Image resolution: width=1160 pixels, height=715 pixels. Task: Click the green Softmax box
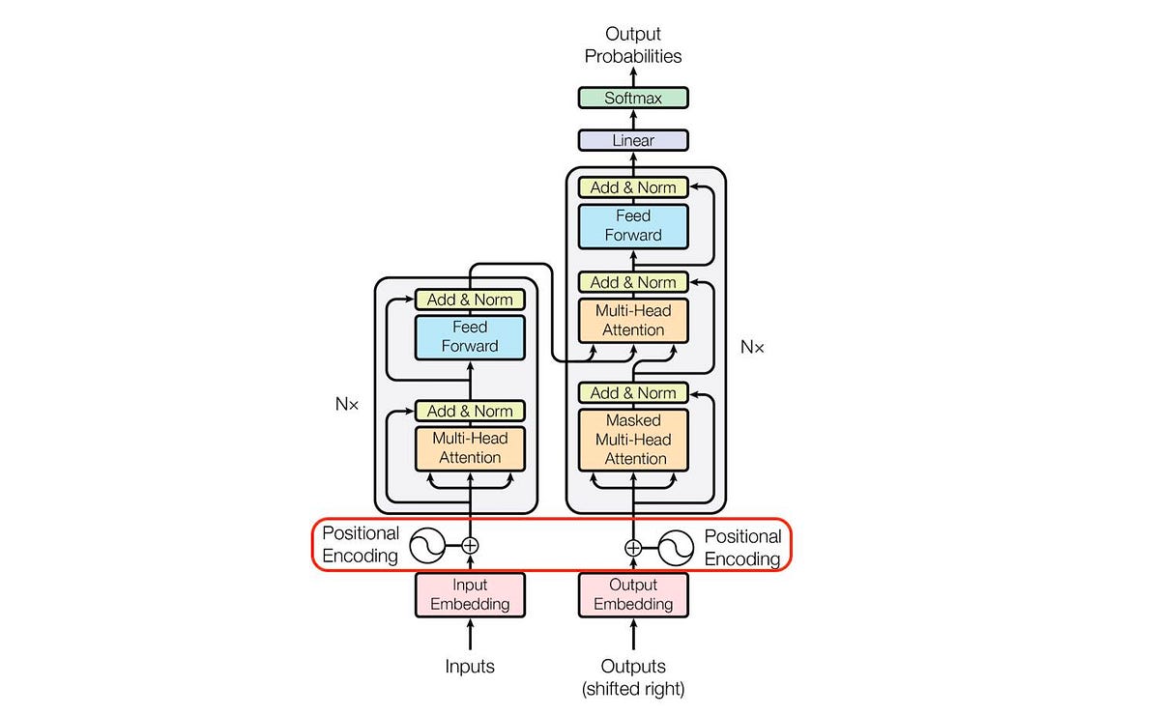point(633,98)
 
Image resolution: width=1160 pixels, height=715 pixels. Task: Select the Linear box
point(633,140)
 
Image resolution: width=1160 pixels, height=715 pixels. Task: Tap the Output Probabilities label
point(633,45)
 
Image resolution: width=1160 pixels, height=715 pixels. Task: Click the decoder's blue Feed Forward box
point(633,225)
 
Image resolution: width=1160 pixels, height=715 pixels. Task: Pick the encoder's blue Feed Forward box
point(470,336)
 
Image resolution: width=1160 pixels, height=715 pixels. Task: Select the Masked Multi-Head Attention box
point(633,440)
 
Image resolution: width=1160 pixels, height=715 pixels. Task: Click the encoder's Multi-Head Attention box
point(470,447)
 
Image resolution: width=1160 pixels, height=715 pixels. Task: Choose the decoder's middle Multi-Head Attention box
point(633,319)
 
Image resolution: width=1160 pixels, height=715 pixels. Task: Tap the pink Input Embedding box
point(470,594)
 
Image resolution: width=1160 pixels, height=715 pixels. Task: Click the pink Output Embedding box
point(633,594)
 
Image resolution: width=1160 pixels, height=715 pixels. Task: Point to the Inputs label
point(470,666)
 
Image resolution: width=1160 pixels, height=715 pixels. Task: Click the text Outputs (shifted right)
point(633,676)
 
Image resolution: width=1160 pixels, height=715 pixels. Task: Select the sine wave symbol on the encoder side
point(427,546)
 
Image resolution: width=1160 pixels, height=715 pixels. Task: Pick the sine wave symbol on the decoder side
point(677,548)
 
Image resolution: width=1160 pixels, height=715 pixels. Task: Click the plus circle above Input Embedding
point(470,546)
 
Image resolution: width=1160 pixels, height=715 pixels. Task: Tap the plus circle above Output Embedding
point(633,548)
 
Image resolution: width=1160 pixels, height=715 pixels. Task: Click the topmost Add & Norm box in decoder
point(633,187)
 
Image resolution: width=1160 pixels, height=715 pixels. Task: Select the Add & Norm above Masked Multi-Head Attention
point(633,392)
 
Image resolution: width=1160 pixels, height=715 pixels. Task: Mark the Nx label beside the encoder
point(347,405)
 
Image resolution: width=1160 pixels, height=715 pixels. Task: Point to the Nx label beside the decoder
point(752,346)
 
